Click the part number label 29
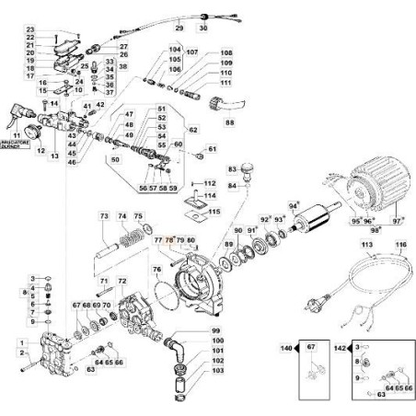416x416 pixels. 179,30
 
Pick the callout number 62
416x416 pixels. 193,131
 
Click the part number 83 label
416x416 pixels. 233,168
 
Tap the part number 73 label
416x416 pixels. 104,215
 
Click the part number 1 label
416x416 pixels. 20,341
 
